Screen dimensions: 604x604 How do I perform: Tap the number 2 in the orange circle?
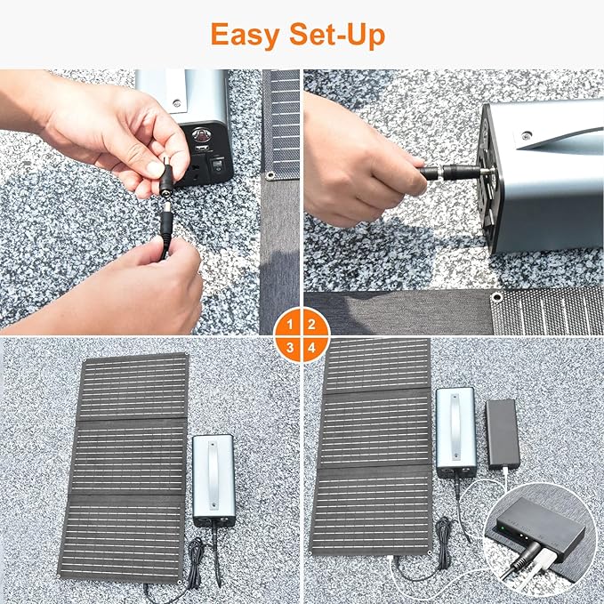tap(311, 324)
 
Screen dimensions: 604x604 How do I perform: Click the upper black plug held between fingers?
tap(166, 177)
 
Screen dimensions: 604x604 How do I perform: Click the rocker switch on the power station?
tap(215, 165)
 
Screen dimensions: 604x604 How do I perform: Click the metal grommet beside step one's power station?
tap(269, 175)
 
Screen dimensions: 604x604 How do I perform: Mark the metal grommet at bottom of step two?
tap(496, 296)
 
